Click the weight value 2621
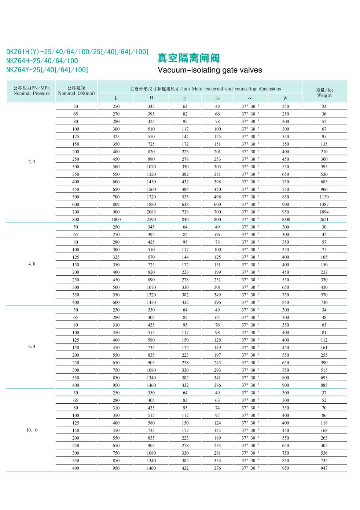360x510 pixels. point(324,220)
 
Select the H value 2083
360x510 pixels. point(151,212)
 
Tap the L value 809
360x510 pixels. point(116,205)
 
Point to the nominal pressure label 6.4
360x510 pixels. point(32,346)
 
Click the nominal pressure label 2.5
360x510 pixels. point(32,162)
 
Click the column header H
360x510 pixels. point(151,98)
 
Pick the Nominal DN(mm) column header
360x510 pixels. point(76,91)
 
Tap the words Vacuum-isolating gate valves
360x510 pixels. point(210,70)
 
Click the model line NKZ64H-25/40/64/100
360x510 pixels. point(42,61)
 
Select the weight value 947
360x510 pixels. point(324,468)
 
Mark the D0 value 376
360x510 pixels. point(217,468)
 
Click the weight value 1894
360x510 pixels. point(324,212)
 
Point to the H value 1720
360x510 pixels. point(151,197)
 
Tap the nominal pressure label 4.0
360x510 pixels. point(32,264)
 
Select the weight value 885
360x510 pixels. point(324,385)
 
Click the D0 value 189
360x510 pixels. point(217,438)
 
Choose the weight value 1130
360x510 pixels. point(324,197)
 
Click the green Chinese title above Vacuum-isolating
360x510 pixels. point(188,58)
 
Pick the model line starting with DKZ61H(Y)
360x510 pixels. point(77,52)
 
